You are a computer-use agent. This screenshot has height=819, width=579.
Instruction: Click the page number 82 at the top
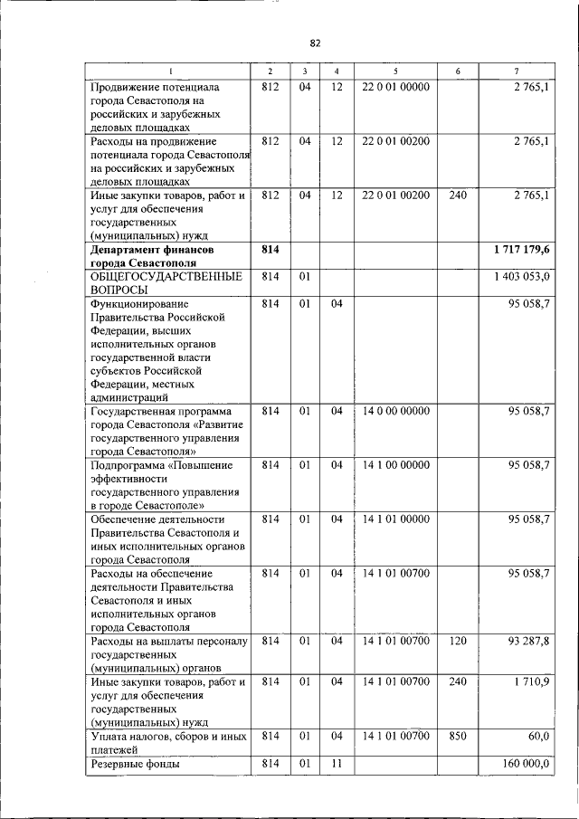315,43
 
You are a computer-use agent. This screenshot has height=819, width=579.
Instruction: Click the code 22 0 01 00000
395,87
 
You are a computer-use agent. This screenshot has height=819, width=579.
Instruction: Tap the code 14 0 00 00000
395,411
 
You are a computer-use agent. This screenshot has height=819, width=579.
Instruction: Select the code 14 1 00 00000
395,465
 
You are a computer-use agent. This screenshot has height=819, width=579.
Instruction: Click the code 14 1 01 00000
395,519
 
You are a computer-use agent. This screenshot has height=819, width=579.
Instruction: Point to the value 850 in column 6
458,737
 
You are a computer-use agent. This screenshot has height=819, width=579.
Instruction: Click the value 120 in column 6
458,643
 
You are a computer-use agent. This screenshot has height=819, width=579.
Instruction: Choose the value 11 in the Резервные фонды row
336,764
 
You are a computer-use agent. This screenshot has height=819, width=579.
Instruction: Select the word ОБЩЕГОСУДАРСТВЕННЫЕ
164,276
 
